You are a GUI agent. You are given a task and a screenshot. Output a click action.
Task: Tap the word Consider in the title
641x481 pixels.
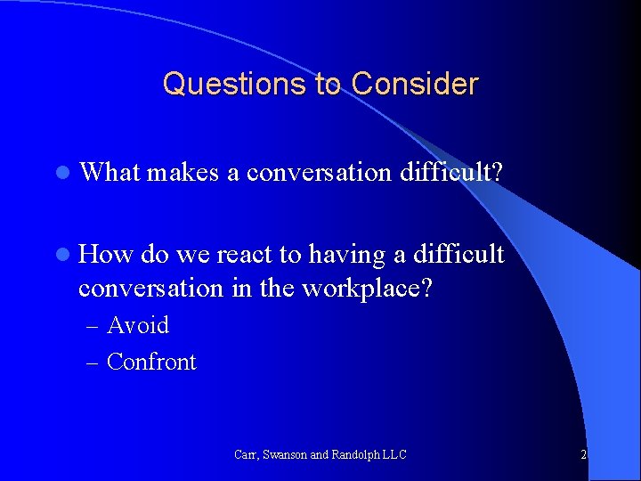(x=415, y=84)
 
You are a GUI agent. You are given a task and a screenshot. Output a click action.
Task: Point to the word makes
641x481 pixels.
(x=183, y=172)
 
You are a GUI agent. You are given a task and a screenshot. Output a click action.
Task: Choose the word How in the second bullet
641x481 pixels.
(x=106, y=255)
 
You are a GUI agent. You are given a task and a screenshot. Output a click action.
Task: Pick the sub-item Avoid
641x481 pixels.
(x=137, y=325)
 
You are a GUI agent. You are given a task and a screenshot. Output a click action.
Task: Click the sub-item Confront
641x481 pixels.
(x=151, y=362)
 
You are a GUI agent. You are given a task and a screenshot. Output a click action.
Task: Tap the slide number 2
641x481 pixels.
(x=583, y=454)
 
